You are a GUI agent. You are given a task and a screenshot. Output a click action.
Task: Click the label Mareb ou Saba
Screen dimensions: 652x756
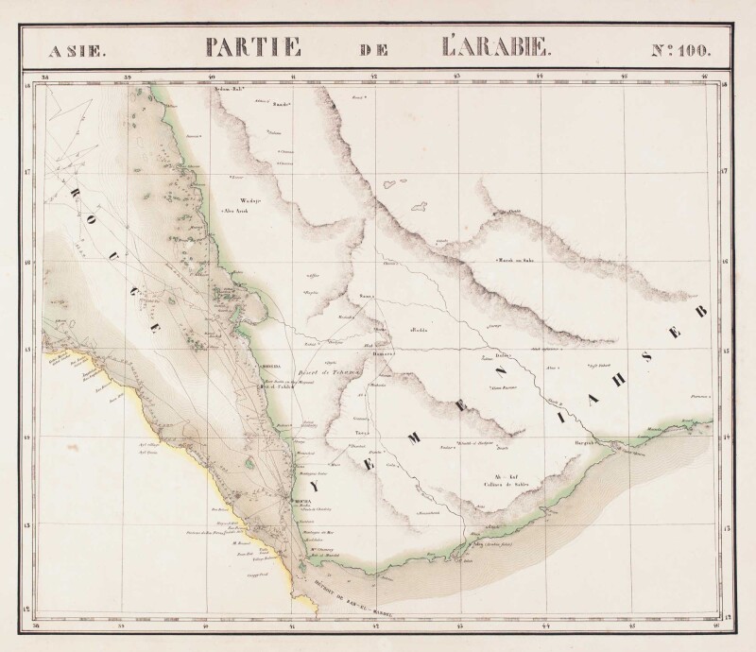516,260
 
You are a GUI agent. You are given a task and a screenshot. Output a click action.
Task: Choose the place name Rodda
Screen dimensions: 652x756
421,330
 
